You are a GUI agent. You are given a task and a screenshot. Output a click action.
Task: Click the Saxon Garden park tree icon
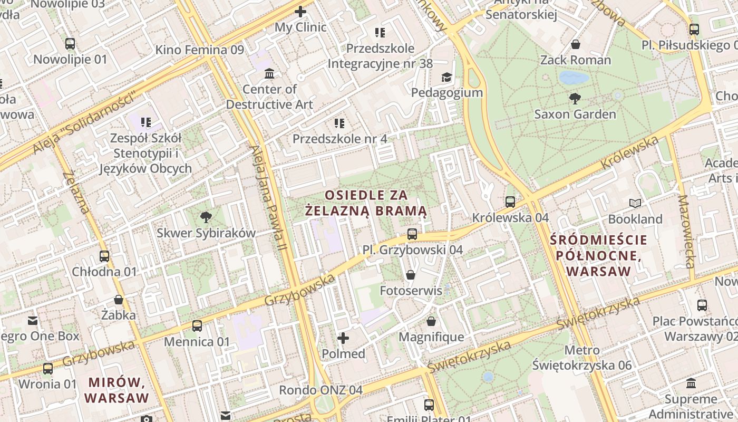tap(575, 98)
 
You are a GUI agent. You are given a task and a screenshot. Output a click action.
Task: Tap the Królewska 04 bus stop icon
tap(510, 202)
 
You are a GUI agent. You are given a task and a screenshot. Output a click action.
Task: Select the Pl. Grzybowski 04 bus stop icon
tap(412, 234)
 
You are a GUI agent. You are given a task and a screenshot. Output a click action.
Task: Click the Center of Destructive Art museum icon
tap(269, 73)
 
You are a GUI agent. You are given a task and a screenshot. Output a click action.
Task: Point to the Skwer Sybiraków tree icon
tap(206, 217)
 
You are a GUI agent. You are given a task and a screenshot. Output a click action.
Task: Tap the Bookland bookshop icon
tap(635, 203)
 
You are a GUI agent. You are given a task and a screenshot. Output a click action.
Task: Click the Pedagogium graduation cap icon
tap(446, 77)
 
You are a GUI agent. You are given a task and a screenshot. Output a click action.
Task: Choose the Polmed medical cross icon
tap(343, 338)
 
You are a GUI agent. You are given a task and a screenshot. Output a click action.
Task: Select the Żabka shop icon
tap(119, 300)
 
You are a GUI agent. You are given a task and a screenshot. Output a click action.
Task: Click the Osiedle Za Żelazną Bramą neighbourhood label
tap(366, 203)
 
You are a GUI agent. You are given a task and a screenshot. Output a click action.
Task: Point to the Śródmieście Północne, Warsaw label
tap(598, 256)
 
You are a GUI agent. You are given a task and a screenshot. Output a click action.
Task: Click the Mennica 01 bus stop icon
tap(197, 326)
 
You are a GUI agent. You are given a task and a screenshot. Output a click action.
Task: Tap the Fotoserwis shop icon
tap(411, 275)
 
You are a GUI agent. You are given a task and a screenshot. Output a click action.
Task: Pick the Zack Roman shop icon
tap(576, 44)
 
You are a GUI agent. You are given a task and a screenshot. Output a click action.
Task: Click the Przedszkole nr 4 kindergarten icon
tap(339, 123)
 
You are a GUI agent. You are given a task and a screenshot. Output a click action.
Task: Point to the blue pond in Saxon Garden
tap(574, 78)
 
